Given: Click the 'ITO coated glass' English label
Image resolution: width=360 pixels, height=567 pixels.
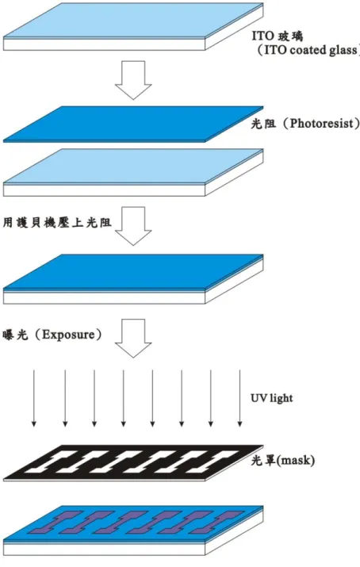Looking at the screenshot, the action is [311, 50].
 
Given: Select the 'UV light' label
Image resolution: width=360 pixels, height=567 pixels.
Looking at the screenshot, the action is [271, 398].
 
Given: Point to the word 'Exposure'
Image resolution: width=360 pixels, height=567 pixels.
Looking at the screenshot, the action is [68, 335].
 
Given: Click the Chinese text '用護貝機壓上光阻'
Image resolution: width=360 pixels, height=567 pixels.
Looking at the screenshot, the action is [57, 222].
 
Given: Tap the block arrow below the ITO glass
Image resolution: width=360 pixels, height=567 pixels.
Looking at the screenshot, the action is [133, 80].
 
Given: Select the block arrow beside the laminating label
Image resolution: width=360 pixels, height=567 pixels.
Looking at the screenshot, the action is [133, 226].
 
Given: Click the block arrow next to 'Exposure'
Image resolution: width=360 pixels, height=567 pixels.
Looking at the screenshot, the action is [133, 338].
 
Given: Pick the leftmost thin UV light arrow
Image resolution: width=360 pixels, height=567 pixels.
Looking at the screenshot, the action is [34, 398].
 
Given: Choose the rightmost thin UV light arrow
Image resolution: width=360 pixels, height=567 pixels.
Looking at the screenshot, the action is [239, 398].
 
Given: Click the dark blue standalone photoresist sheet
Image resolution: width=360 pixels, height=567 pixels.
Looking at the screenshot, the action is [133, 124].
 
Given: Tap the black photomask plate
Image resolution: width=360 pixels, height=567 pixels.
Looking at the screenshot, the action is [133, 463].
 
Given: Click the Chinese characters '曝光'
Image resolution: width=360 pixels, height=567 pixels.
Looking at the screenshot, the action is [15, 335].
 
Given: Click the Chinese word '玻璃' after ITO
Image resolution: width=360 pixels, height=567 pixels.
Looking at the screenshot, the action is [290, 36].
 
